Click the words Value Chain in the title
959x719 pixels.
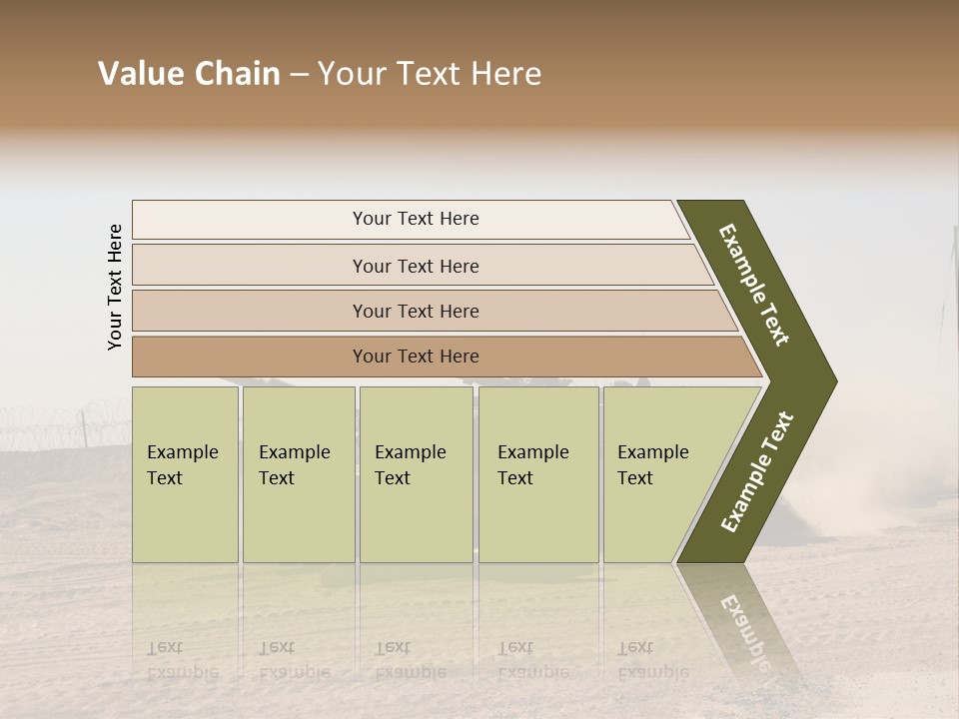click(189, 74)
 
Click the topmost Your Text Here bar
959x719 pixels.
click(415, 219)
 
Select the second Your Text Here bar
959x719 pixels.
click(415, 266)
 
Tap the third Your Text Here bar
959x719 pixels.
click(415, 311)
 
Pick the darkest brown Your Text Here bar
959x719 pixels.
click(415, 357)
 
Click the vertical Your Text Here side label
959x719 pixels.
click(115, 287)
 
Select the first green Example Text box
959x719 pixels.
click(185, 474)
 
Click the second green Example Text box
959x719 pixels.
click(298, 474)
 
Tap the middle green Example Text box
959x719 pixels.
click(416, 474)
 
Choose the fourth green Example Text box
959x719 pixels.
click(538, 474)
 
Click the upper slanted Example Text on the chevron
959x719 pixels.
click(754, 285)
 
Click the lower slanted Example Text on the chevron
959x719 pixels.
click(756, 471)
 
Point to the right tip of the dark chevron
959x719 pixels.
click(834, 381)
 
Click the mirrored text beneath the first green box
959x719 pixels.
click(182, 659)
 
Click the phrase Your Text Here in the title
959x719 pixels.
click(430, 74)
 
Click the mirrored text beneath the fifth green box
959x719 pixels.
click(652, 659)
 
